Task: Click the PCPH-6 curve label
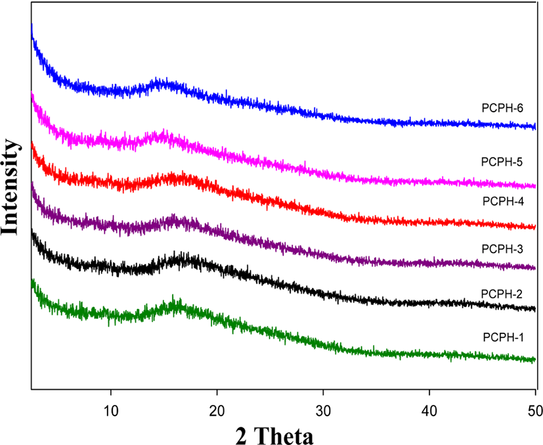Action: pyautogui.click(x=502, y=108)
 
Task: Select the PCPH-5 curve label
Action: pyautogui.click(x=502, y=162)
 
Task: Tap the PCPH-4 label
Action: pyautogui.click(x=503, y=201)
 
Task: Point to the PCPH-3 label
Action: pyautogui.click(x=502, y=249)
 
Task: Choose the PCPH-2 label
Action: pyautogui.click(x=502, y=294)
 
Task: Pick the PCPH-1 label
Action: pyautogui.click(x=504, y=337)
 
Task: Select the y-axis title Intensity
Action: pyautogui.click(x=9, y=187)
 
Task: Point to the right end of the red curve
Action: pyautogui.click(x=535, y=227)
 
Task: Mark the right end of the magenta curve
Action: pyautogui.click(x=535, y=187)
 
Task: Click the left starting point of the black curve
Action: pyautogui.click(x=32, y=231)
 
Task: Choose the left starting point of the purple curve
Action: pyautogui.click(x=32, y=183)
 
